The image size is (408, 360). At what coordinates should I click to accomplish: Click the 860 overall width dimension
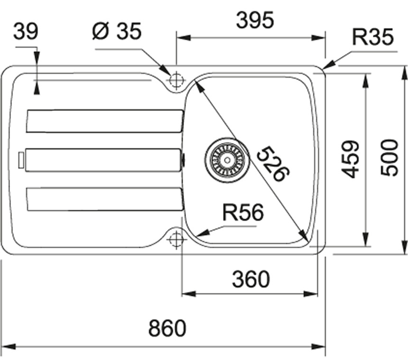[167, 328]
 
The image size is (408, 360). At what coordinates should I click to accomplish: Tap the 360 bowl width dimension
[250, 279]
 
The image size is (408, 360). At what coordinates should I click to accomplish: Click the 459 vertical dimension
[352, 159]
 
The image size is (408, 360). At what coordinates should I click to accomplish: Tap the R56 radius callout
[243, 213]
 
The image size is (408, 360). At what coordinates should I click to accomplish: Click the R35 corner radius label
[373, 37]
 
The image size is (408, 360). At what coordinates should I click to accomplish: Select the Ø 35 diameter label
[117, 32]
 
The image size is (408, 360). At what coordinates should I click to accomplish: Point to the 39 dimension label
[26, 32]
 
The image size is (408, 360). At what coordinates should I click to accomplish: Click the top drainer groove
[104, 121]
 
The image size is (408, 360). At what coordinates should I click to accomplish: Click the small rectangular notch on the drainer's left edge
[21, 159]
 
